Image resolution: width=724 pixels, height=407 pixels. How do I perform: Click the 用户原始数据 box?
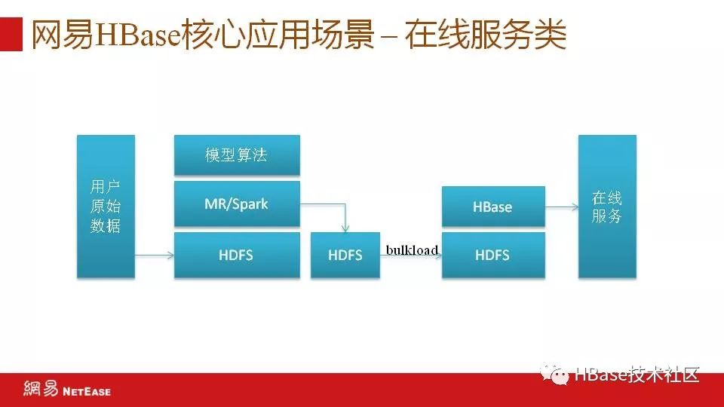click(106, 207)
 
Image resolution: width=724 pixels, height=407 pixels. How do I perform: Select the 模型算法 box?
click(237, 155)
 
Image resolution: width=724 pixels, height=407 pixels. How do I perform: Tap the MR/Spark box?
click(237, 203)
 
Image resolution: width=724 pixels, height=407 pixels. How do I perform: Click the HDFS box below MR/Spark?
click(237, 255)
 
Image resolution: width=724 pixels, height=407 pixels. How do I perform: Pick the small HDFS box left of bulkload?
click(345, 255)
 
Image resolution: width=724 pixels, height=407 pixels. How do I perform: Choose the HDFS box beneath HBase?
click(493, 255)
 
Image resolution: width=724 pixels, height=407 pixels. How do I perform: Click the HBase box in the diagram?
click(493, 207)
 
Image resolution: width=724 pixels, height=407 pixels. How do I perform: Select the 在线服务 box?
click(607, 207)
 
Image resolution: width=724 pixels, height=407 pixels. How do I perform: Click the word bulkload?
click(412, 250)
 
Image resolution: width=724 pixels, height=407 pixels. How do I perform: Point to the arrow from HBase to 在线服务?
click(561, 207)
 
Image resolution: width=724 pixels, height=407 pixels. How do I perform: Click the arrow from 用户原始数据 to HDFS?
click(155, 256)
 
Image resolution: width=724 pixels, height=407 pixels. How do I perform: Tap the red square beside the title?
click(11, 34)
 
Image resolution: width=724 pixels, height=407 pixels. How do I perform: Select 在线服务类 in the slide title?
click(486, 35)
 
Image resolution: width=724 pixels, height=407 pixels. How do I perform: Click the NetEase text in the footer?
click(87, 392)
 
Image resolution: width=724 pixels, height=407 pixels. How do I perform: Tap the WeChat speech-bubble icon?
click(554, 375)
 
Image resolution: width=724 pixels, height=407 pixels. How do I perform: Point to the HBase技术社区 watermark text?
click(637, 375)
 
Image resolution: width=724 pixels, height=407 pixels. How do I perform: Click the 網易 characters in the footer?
click(41, 389)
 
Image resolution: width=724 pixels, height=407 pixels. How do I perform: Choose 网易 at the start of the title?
click(63, 35)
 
